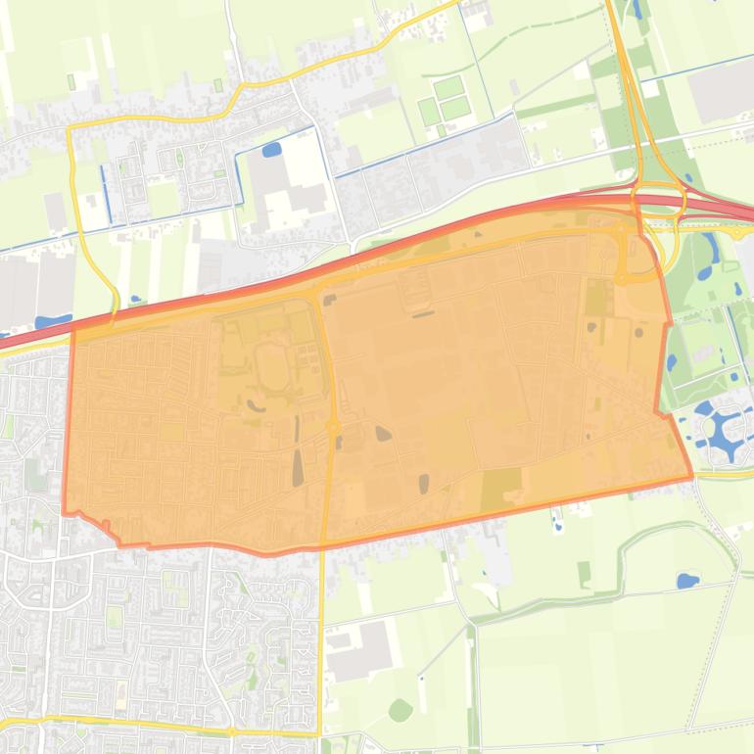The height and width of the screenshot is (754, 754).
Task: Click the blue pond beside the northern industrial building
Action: (x=271, y=150)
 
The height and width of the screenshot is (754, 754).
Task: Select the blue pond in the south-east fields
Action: (x=687, y=581)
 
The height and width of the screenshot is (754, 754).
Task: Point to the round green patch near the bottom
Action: (x=400, y=710)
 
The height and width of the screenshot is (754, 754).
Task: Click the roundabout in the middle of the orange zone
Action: (x=333, y=427)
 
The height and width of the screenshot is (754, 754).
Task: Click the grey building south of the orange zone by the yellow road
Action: (x=360, y=651)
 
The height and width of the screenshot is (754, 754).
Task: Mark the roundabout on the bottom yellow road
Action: (x=231, y=731)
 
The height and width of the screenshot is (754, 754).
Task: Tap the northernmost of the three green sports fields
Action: (x=448, y=87)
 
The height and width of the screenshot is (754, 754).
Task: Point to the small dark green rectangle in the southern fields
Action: (x=584, y=573)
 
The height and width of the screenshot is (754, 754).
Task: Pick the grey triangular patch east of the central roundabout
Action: (x=382, y=433)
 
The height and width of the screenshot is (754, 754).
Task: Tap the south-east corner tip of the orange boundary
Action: (x=691, y=476)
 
